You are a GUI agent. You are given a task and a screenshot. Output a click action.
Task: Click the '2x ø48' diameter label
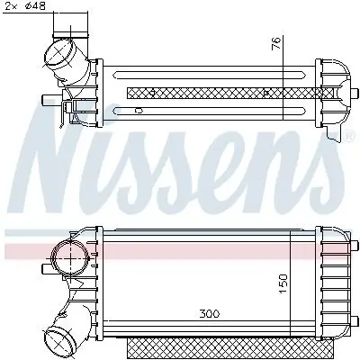pyautogui.click(x=26, y=8)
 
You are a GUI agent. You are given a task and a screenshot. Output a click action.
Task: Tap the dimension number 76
pyautogui.click(x=277, y=42)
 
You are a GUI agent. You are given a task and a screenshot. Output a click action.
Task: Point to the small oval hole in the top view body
pyautogui.click(x=137, y=110)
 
